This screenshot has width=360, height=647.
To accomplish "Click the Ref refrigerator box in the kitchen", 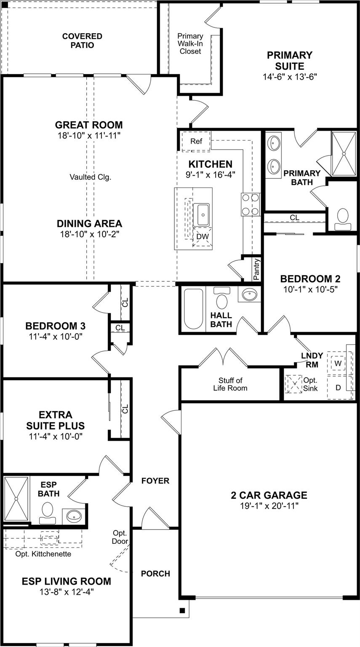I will click(196, 142).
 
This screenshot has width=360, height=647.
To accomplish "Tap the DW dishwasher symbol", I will click(203, 237).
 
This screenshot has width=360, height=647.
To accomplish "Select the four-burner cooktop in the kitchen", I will click(251, 204).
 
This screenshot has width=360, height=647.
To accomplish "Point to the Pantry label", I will click(256, 269).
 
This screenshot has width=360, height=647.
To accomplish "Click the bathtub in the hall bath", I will click(194, 309).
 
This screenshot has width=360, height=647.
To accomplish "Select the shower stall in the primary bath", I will click(344, 154).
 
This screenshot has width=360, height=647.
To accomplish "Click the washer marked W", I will click(338, 363).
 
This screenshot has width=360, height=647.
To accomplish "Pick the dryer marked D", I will click(338, 387).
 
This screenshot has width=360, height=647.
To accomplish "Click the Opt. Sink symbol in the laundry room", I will click(293, 384).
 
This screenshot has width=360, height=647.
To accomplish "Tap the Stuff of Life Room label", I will click(230, 384).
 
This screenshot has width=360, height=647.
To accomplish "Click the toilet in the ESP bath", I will click(48, 512).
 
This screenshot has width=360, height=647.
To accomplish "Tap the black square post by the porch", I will click(182, 610).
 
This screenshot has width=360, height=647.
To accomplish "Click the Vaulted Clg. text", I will click(90, 177).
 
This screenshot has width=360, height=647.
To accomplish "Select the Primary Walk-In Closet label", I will click(190, 44).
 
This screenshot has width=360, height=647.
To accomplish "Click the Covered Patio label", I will click(82, 41).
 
